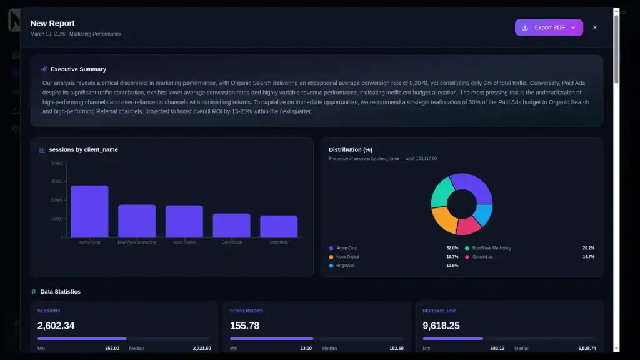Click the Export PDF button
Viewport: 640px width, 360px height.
click(x=548, y=27)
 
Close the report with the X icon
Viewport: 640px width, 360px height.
click(x=594, y=27)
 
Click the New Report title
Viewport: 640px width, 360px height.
click(x=52, y=24)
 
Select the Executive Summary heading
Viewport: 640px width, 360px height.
click(x=78, y=69)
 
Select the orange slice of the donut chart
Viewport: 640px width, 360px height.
click(x=443, y=219)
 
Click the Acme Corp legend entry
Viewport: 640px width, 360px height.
click(x=347, y=248)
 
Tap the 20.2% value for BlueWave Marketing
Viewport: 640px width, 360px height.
click(x=588, y=248)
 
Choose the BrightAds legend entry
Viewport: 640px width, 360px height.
click(x=345, y=266)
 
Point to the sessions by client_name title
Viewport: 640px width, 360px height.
click(x=83, y=150)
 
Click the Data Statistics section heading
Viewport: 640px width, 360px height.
click(x=60, y=292)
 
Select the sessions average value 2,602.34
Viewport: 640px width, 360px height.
click(x=56, y=326)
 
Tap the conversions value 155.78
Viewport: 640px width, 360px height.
click(x=244, y=326)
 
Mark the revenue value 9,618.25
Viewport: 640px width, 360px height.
click(x=441, y=326)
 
